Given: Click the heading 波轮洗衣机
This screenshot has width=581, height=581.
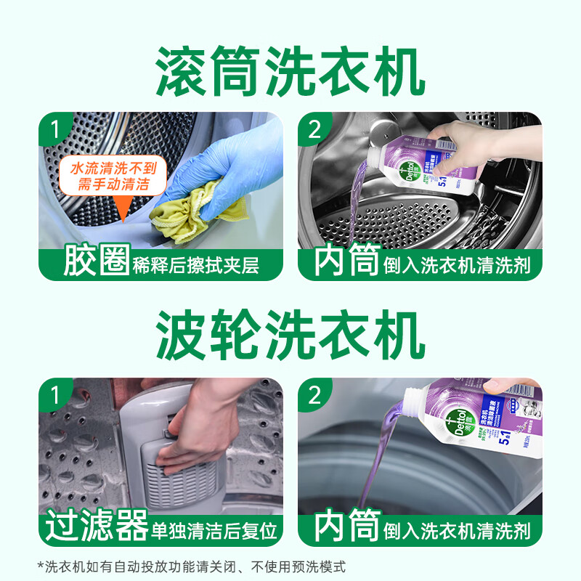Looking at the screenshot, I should [x=290, y=336].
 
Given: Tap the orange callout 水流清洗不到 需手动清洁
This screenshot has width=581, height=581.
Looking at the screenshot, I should [x=113, y=176].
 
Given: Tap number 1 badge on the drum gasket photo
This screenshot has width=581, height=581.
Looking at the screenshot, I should [x=54, y=130].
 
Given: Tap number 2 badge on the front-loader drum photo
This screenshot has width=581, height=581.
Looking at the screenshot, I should [x=314, y=130].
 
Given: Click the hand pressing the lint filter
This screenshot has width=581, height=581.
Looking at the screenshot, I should [x=196, y=436].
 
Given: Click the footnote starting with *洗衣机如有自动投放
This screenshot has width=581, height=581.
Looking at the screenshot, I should [x=192, y=566].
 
